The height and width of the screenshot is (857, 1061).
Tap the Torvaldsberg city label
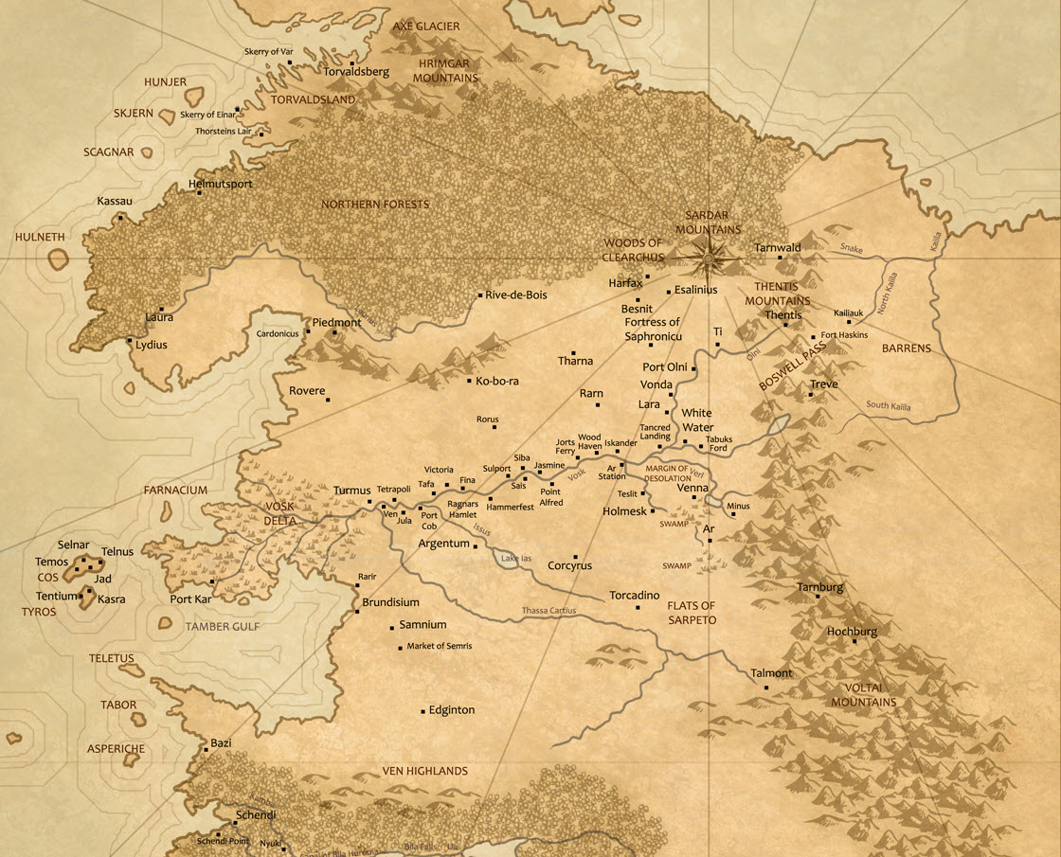point(344,71)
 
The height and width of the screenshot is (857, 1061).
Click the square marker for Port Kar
point(213,582)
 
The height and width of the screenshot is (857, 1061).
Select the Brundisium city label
point(390,602)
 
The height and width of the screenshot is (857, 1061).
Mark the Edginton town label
point(451,710)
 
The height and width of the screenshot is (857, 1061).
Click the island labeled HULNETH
point(59,259)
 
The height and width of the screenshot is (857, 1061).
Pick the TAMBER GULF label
point(222,627)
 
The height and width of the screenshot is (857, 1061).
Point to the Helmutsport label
point(221,184)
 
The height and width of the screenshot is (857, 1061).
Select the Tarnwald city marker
point(780,258)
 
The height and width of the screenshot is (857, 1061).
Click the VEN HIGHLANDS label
point(424,771)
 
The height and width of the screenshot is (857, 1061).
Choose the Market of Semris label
point(439,646)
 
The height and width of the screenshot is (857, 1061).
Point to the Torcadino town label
point(634,596)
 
